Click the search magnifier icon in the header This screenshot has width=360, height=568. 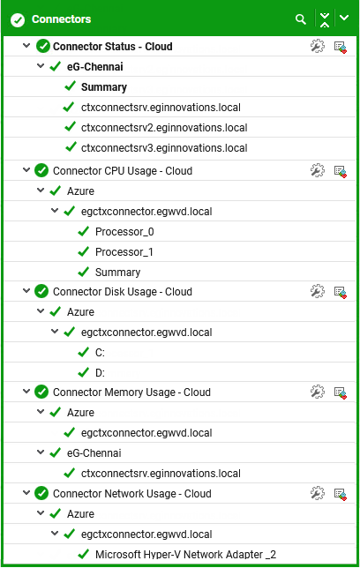click(301, 19)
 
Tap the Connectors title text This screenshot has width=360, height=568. click(61, 19)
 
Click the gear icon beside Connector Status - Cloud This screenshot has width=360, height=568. click(318, 47)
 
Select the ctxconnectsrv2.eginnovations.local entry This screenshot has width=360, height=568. click(164, 128)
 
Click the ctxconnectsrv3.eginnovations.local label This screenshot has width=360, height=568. click(164, 148)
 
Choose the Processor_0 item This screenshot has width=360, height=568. click(124, 232)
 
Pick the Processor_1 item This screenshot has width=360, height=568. click(124, 252)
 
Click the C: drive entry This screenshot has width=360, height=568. click(100, 353)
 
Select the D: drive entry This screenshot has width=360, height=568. click(100, 373)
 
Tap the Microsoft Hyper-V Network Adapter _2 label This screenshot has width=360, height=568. click(185, 554)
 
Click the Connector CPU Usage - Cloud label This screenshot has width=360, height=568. click(123, 171)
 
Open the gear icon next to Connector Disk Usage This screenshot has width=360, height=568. click(318, 291)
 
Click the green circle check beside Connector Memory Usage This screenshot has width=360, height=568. click(41, 392)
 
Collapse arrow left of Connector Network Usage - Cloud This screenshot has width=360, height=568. click(26, 493)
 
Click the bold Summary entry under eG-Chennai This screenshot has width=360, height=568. click(104, 87)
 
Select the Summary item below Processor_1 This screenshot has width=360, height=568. click(118, 273)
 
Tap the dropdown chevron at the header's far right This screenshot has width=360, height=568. click(344, 18)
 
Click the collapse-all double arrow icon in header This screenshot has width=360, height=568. click(325, 19)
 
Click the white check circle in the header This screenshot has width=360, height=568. click(18, 20)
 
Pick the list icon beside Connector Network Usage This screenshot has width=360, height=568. click(340, 494)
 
